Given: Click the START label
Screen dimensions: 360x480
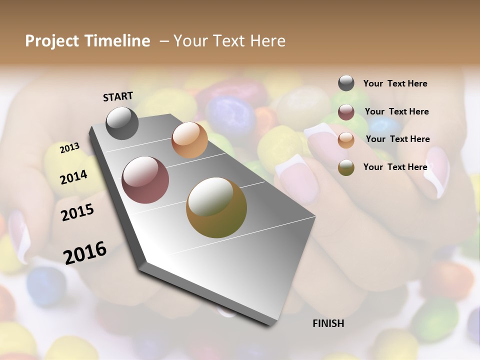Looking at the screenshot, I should (118, 96).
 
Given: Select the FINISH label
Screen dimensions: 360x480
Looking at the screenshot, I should (328, 323).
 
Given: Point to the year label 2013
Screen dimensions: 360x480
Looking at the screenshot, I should (70, 147).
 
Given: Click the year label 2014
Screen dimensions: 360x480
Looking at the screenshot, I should (74, 177).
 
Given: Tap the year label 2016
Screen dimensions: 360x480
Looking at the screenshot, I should (85, 252).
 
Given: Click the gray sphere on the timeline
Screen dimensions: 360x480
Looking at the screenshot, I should (122, 123).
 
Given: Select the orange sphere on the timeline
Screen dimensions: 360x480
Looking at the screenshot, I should (189, 140).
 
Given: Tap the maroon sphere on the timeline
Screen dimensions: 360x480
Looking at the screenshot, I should (145, 180).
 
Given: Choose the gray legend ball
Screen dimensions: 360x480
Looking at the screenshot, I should (346, 83).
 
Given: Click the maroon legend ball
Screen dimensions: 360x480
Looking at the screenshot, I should (346, 112).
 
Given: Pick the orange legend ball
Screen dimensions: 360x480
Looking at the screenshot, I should (346, 140).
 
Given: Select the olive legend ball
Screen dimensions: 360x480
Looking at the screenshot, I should (346, 167).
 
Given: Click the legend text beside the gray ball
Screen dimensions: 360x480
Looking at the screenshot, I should (395, 83).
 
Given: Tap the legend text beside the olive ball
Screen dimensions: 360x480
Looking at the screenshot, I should (395, 167).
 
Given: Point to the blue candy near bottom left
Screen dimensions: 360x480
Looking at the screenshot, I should (46, 285).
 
